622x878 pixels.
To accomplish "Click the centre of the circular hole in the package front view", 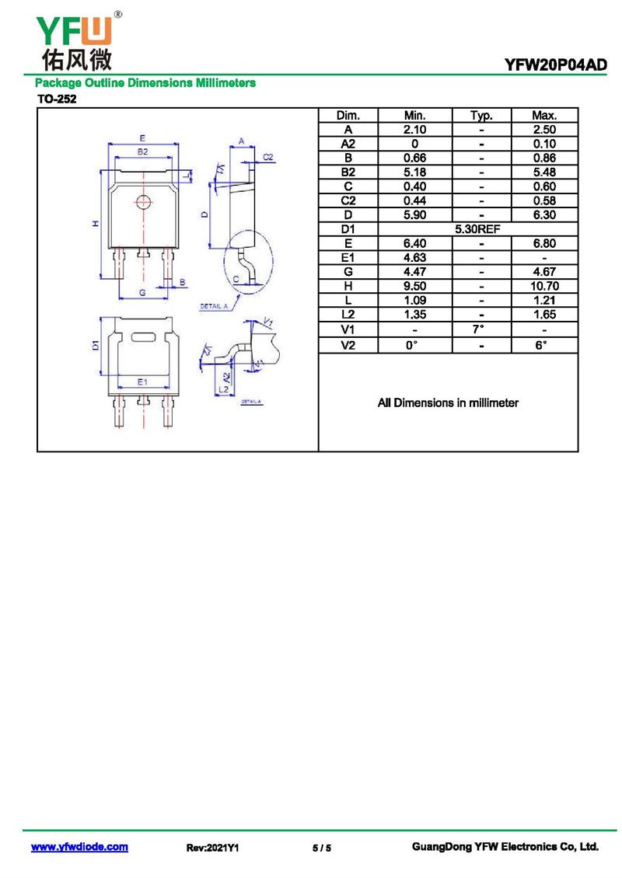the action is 144,201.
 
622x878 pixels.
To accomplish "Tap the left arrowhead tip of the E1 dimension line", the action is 117,388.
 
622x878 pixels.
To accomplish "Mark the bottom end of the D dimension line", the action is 210,248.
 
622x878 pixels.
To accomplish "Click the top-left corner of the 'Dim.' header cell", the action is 319,108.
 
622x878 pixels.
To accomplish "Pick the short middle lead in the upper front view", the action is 144,253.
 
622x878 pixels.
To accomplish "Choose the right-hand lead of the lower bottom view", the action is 167,411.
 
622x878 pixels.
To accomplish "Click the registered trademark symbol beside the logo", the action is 117,15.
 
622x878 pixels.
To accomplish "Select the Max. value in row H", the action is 545,286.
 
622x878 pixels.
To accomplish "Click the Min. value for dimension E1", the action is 414,258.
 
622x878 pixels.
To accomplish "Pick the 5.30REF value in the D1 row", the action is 477,229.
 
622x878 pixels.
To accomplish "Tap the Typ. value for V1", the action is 478,329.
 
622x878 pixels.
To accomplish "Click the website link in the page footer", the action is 79,847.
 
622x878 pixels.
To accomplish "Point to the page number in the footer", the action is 322,848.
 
